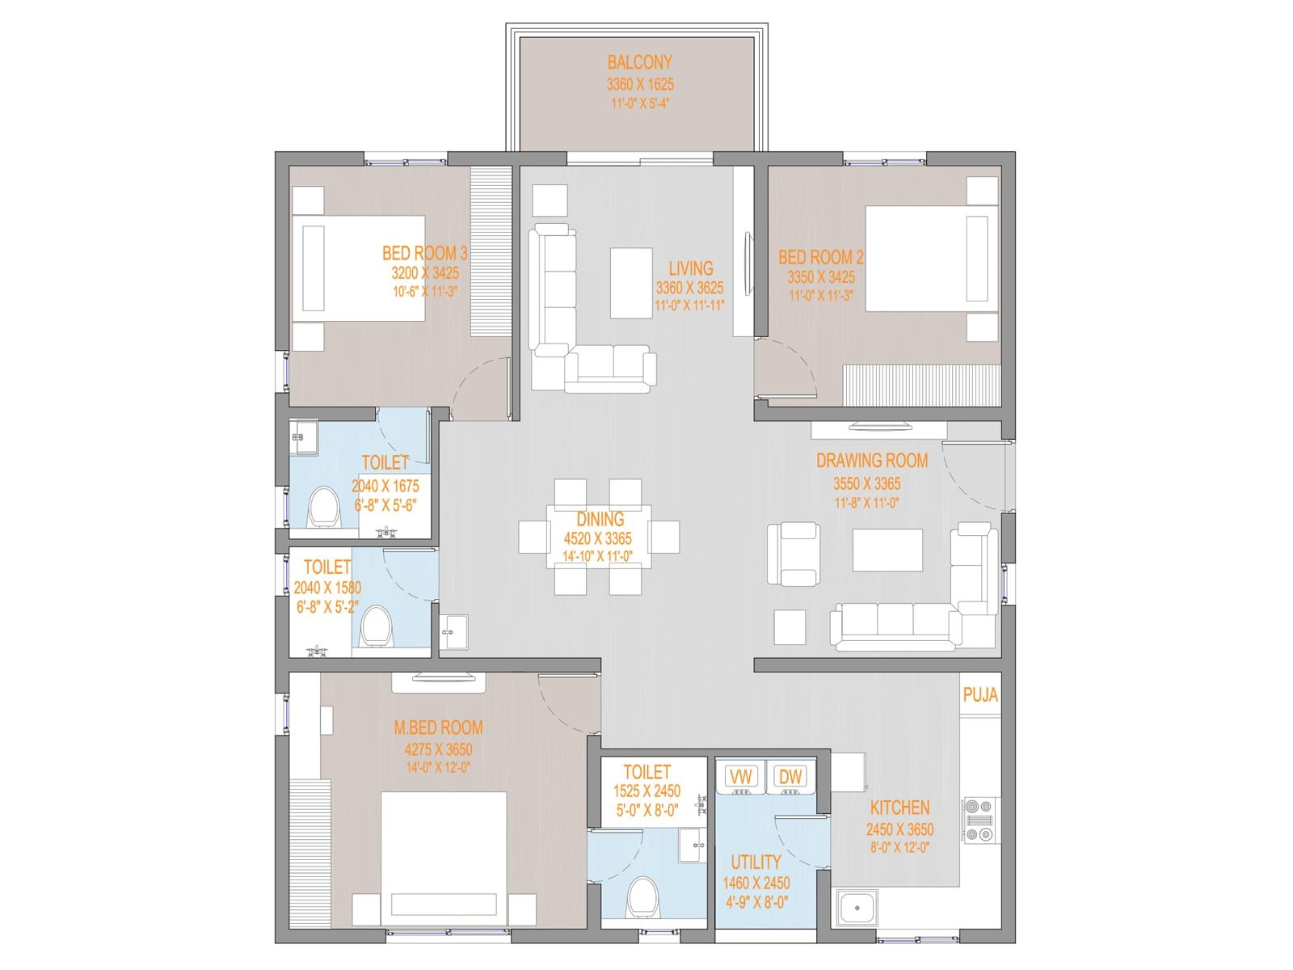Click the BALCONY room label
coord(639,62)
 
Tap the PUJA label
coord(980,695)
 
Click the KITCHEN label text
coord(899,808)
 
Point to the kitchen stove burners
coord(979,820)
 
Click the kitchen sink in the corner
coord(858,907)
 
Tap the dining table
coord(599,536)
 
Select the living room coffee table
coord(631,283)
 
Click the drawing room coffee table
coord(887,550)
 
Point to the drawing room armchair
coord(794,554)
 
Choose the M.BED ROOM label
coord(438,727)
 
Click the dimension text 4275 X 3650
coord(438,749)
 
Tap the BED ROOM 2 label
coord(820,257)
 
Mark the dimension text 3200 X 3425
coord(425,272)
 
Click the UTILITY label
coord(756,862)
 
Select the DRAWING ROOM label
coord(872,460)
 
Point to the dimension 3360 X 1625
coord(640,84)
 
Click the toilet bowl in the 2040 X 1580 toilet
coord(375,627)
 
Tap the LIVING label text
coord(690,268)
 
